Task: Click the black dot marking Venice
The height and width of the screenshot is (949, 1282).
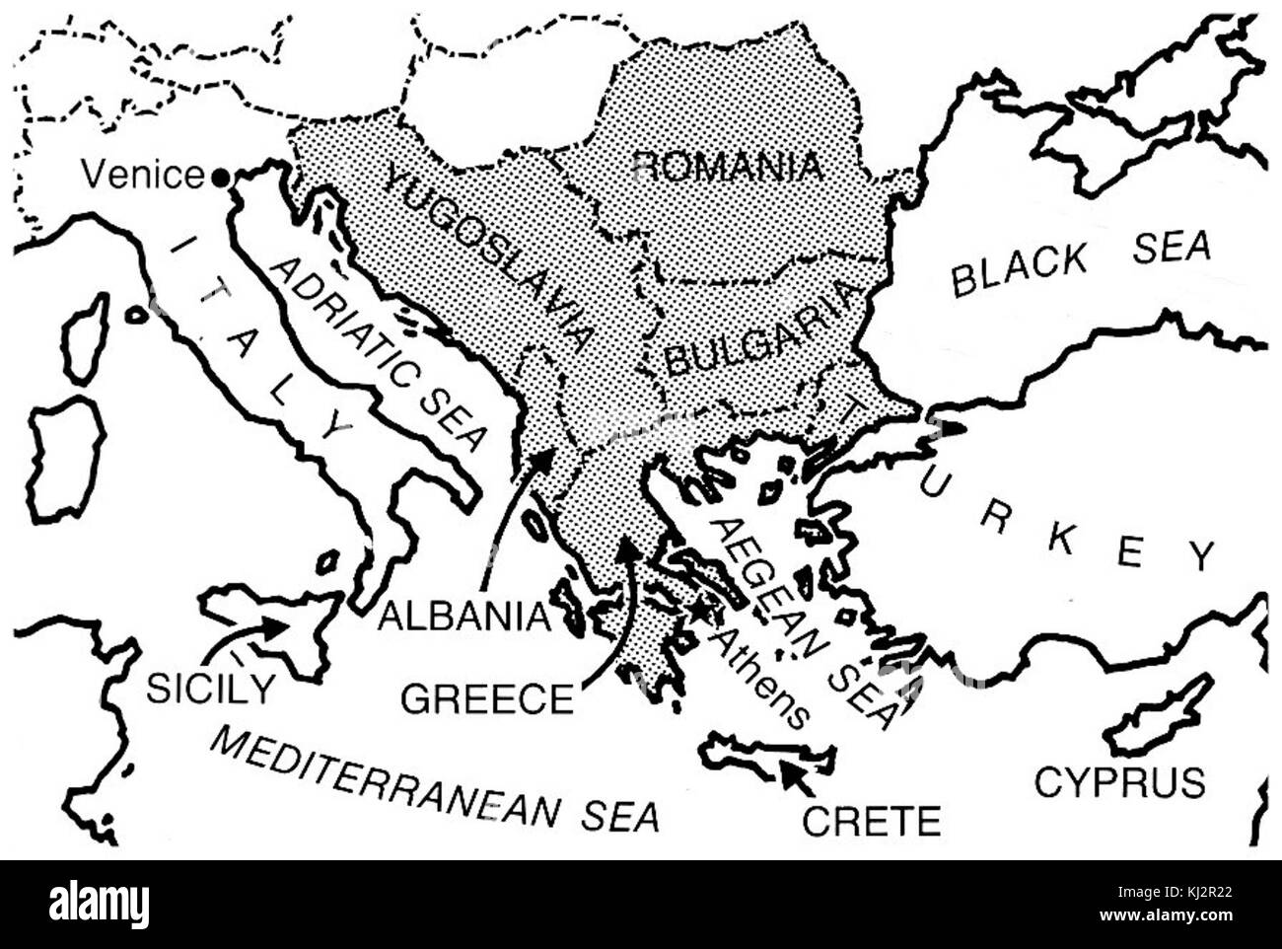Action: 220,177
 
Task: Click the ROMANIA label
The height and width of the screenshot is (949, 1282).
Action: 729,165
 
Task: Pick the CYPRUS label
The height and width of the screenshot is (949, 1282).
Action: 1119,782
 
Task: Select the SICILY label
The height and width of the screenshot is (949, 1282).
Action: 210,688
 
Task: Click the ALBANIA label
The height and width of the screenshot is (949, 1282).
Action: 463,616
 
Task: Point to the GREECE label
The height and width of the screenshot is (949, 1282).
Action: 487,698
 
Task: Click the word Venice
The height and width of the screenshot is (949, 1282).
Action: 142,176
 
